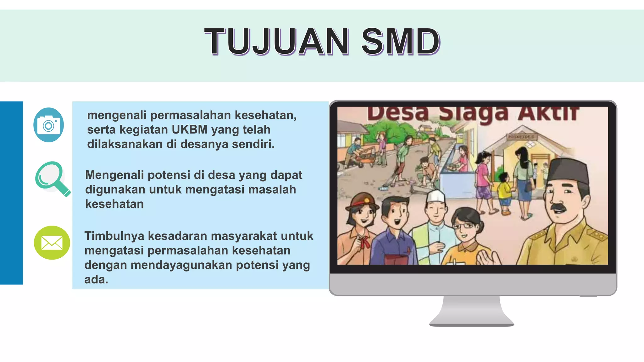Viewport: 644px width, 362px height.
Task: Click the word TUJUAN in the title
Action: pyautogui.click(x=277, y=41)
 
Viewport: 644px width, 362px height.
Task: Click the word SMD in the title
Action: pyautogui.click(x=401, y=41)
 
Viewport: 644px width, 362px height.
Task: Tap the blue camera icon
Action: pyautogui.click(x=49, y=125)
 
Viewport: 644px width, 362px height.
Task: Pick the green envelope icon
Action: pyautogui.click(x=52, y=243)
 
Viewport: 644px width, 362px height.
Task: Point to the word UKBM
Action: pyautogui.click(x=190, y=129)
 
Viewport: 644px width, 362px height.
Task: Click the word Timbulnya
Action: pyautogui.click(x=114, y=236)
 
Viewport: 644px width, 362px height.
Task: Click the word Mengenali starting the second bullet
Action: pyautogui.click(x=114, y=175)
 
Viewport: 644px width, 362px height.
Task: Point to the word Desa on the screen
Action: pyautogui.click(x=398, y=113)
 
